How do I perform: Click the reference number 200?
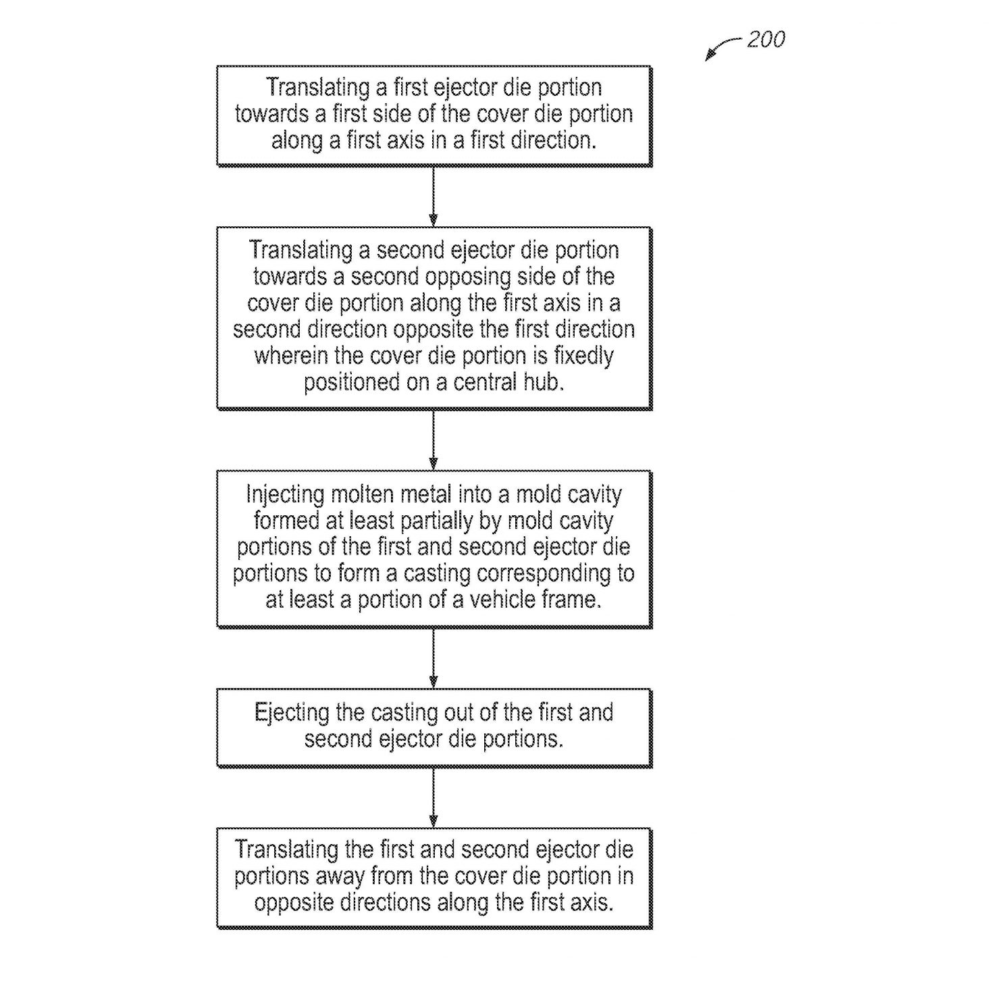(766, 39)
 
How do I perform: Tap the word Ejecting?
(292, 713)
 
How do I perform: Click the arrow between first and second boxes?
(434, 196)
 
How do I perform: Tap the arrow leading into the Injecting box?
(434, 440)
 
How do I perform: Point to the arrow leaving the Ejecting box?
(434, 797)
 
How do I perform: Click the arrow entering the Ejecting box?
(434, 658)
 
